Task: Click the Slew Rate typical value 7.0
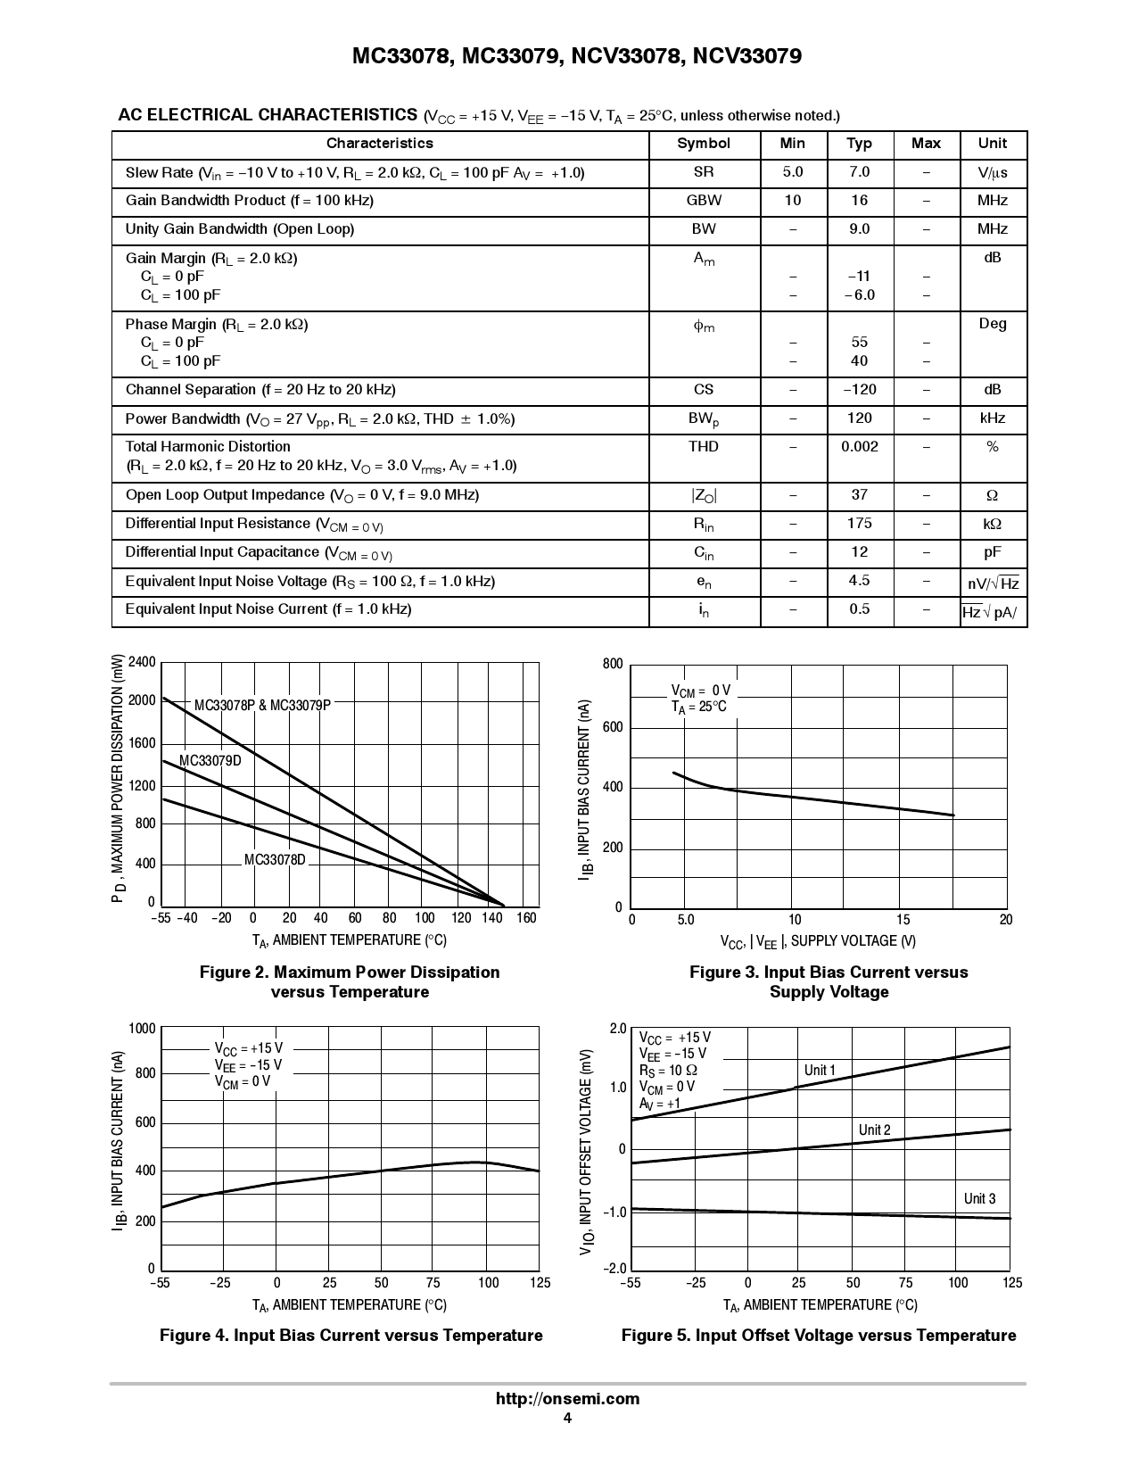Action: (859, 172)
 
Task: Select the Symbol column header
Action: (704, 144)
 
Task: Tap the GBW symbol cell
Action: (704, 201)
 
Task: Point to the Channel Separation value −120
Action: (859, 390)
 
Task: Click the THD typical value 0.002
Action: (859, 447)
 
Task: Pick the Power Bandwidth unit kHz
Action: (992, 418)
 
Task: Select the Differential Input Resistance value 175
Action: (859, 524)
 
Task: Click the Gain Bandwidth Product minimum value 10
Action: (792, 201)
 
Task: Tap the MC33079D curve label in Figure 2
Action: (210, 761)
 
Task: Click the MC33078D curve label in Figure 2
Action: (275, 860)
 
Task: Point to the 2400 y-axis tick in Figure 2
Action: (142, 662)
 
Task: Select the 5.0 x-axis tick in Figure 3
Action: (685, 920)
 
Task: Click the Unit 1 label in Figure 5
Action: (820, 1071)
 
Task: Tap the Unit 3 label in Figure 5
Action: (979, 1199)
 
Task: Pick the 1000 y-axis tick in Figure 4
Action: (142, 1029)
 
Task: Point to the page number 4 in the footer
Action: (567, 1419)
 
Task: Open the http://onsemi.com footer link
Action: (567, 1399)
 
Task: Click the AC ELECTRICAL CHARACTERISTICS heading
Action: (268, 115)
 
